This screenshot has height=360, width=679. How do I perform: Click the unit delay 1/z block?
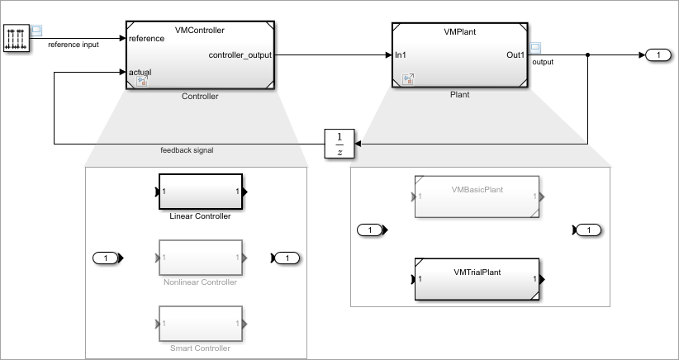pos(339,144)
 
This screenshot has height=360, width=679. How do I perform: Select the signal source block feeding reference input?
pos(17,38)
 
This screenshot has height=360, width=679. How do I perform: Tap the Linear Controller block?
pos(201,192)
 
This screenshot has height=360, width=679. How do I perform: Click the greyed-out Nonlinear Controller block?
pos(201,258)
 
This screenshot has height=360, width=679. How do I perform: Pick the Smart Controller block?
pos(201,324)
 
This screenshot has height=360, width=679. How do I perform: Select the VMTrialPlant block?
pos(477,280)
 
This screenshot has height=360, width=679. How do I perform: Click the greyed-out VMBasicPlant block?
pos(477,197)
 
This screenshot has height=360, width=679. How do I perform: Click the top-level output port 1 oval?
pos(658,55)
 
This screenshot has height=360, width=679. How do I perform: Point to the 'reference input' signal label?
pos(74,45)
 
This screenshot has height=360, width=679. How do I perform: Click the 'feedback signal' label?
pos(187,150)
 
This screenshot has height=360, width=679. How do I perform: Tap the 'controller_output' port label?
pos(240,55)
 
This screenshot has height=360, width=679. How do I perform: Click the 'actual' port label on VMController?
pos(140,73)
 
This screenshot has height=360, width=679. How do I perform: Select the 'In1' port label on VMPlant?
pos(400,55)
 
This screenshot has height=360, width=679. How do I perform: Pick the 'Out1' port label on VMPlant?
pos(515,55)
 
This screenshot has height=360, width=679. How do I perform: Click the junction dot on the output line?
pos(587,55)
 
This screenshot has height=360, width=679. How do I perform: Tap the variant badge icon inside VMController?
pos(142,82)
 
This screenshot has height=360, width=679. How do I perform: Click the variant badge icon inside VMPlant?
pos(408,78)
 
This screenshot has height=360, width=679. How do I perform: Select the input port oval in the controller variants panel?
pos(106,258)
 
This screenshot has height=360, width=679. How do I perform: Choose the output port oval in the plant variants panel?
pos(588,230)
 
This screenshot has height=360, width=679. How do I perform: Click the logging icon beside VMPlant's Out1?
pos(535,48)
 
